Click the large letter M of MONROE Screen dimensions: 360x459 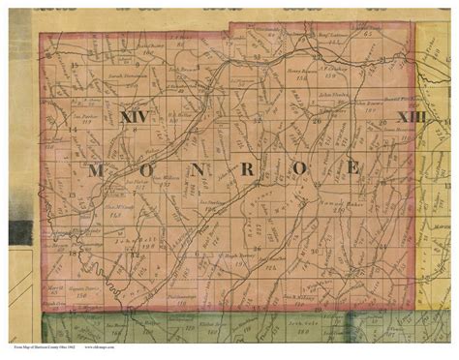pos(97,170)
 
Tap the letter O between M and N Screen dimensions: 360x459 pos(149,170)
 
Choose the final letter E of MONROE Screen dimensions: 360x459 pos(352,168)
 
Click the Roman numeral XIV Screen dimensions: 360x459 pos(136,117)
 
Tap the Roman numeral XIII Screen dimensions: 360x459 pos(412,116)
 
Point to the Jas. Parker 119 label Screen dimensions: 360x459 pos(87,124)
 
